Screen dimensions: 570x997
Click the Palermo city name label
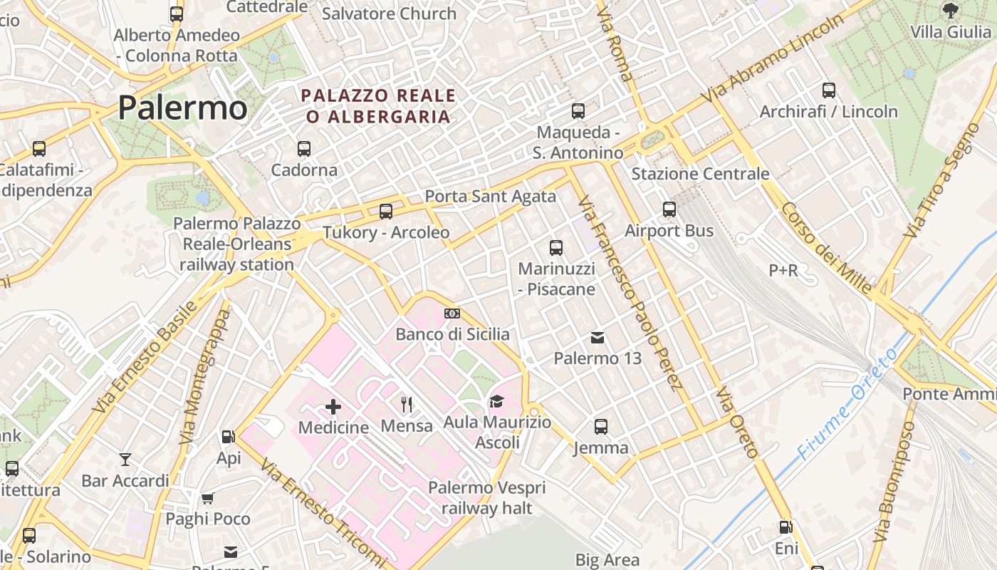point(182,108)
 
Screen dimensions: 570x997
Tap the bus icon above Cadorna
point(304,149)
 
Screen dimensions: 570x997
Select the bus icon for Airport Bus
point(669,209)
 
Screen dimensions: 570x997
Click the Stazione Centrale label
point(700,174)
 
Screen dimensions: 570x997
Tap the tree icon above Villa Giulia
point(950,11)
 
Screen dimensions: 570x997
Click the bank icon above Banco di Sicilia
point(452,313)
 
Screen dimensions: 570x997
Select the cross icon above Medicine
point(333,407)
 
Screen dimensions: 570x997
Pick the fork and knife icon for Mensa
point(407,405)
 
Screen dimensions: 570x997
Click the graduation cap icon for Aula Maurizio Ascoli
point(496,402)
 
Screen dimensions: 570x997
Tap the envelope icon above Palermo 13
point(598,338)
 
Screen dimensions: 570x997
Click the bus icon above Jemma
point(601,427)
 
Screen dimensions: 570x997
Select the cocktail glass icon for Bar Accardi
point(125,460)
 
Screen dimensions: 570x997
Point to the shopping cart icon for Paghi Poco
point(208,498)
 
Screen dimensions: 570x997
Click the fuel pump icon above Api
point(229,437)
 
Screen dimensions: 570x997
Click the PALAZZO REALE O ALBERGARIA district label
point(378,105)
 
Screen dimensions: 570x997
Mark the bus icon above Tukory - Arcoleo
point(386,212)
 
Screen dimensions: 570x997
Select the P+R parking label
point(783,271)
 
